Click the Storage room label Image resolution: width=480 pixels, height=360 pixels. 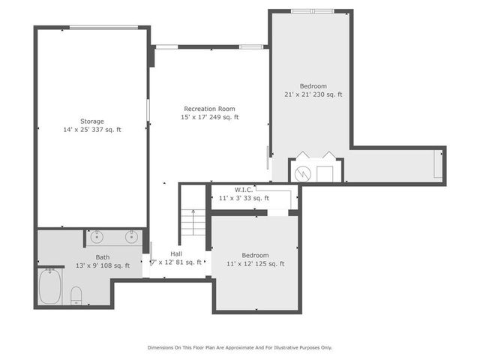[92, 121]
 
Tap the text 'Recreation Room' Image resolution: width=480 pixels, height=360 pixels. [210, 109]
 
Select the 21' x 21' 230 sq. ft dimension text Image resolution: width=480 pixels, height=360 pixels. [313, 94]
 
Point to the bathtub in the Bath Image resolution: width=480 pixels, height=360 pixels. [50, 286]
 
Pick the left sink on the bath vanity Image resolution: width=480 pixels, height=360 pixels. [97, 238]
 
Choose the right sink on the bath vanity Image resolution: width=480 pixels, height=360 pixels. [132, 238]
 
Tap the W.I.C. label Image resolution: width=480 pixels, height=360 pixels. [244, 190]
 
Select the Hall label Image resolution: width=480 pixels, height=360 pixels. [175, 254]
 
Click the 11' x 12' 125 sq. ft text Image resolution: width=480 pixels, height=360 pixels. [255, 264]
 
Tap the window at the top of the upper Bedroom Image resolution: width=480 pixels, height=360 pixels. [313, 11]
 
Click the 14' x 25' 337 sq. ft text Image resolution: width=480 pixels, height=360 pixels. [92, 130]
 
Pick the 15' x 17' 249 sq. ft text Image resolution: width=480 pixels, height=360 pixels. [210, 117]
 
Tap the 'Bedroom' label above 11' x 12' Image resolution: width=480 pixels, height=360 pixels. [255, 255]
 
